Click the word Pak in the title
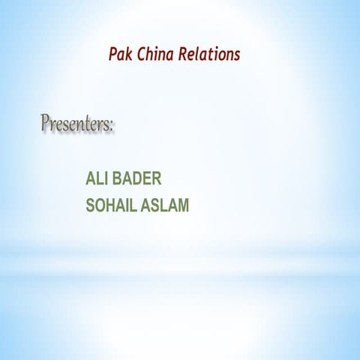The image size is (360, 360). coord(120,55)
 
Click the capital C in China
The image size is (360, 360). coord(142,55)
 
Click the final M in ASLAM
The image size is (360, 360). coord(182,204)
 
